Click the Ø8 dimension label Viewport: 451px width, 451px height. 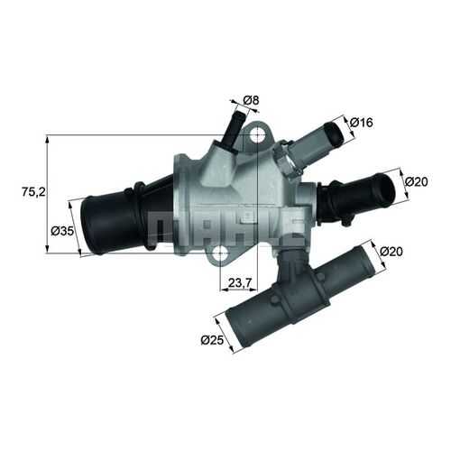[251, 100]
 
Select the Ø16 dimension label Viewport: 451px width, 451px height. [362, 123]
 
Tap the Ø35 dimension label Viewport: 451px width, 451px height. [62, 231]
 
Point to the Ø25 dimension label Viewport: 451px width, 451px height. [212, 340]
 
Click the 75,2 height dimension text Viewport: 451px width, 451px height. [33, 192]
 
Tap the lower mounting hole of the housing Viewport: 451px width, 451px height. [222, 253]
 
